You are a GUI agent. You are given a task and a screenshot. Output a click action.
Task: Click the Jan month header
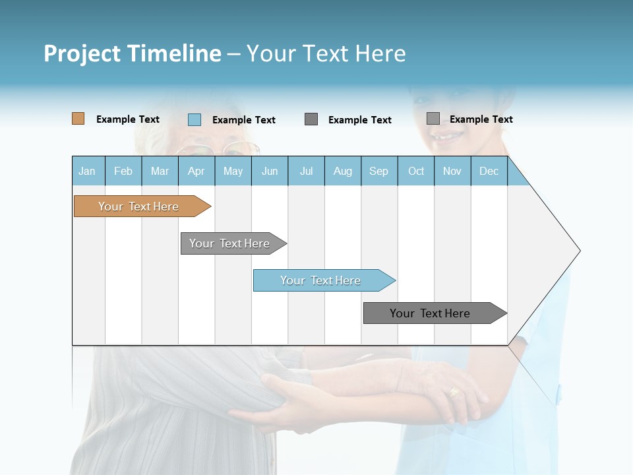pos(88,171)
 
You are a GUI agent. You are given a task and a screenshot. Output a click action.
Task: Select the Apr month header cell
pos(196,171)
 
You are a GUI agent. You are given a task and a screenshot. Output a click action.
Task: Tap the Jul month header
pos(306,171)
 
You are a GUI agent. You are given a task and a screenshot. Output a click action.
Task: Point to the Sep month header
pos(379,171)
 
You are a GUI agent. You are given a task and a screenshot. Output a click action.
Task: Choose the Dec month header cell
pos(489,171)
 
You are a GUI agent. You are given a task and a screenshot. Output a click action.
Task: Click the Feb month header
pos(123,171)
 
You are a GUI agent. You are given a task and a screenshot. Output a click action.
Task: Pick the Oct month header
pos(416,171)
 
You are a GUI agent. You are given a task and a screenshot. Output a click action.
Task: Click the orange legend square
pos(78,119)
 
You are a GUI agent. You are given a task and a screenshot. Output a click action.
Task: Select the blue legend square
pos(195,119)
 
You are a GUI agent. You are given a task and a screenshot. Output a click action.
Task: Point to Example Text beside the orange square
pos(128,119)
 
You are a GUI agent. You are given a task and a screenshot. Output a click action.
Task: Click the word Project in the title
pos(82,53)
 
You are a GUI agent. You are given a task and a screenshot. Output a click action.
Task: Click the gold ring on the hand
pos(454,392)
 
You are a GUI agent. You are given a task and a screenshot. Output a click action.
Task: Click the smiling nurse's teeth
pos(446,137)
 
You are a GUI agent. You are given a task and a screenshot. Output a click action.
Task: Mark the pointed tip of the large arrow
pos(579,251)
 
